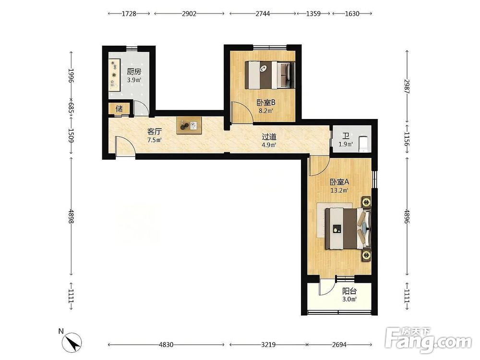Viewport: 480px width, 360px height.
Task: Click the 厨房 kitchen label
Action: point(134,72)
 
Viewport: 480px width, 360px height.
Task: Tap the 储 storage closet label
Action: point(120,108)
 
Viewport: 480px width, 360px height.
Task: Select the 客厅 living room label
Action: point(155,132)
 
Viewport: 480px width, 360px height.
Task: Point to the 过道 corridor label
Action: point(269,136)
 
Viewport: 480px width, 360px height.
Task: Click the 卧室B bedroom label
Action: point(266,102)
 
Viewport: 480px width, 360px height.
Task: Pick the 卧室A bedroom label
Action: point(339,182)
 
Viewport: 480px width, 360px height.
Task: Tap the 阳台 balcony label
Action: point(349,291)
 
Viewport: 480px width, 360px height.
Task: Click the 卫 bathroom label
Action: point(346,136)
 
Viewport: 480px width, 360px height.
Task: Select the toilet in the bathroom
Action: point(363,144)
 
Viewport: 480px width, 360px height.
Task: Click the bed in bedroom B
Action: point(270,75)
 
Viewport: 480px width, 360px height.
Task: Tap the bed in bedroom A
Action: point(348,228)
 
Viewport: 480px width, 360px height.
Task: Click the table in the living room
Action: point(189,125)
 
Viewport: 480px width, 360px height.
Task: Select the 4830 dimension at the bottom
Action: point(166,345)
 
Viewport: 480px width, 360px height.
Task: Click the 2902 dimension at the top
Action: point(189,13)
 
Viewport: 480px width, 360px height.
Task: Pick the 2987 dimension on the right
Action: point(407,86)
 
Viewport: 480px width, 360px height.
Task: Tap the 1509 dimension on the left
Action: point(71,136)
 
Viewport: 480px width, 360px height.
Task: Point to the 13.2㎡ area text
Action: point(339,191)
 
